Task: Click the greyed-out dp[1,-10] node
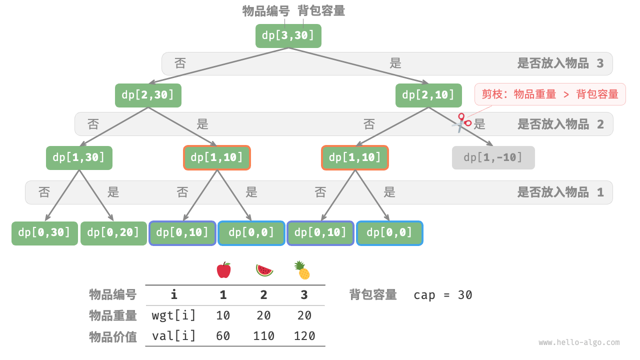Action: pos(493,157)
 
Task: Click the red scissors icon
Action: pos(461,122)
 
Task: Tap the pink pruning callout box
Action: pos(549,94)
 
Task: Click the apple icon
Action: pos(223,270)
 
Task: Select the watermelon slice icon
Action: pos(264,270)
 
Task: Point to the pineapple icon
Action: pos(302,270)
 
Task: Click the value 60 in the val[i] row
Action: pos(223,335)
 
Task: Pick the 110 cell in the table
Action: pos(263,335)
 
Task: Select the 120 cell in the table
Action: pos(304,335)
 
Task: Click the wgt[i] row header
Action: pos(173,315)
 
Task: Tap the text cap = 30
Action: pos(442,295)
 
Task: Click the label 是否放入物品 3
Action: pos(560,63)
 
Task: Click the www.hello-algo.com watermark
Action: pos(579,342)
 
